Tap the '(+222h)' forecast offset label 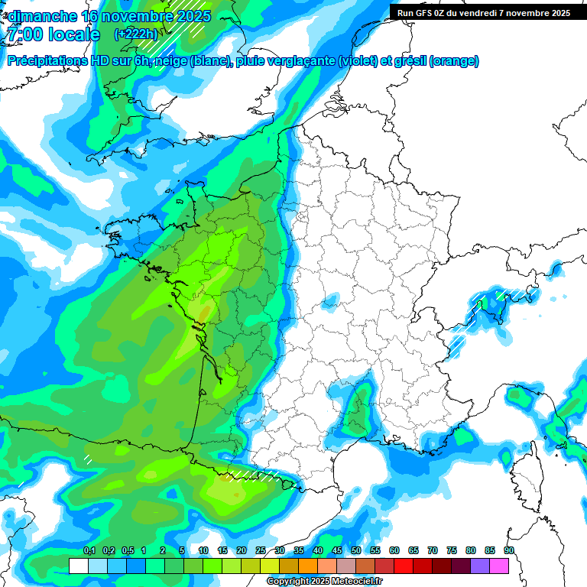tap(136, 34)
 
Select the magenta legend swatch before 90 tap(499, 566)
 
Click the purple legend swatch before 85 tap(480, 566)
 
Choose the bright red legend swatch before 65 tap(404, 566)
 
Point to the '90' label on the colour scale tap(509, 551)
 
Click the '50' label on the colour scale tap(356, 551)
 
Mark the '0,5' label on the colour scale tap(127, 551)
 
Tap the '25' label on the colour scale tap(261, 551)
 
